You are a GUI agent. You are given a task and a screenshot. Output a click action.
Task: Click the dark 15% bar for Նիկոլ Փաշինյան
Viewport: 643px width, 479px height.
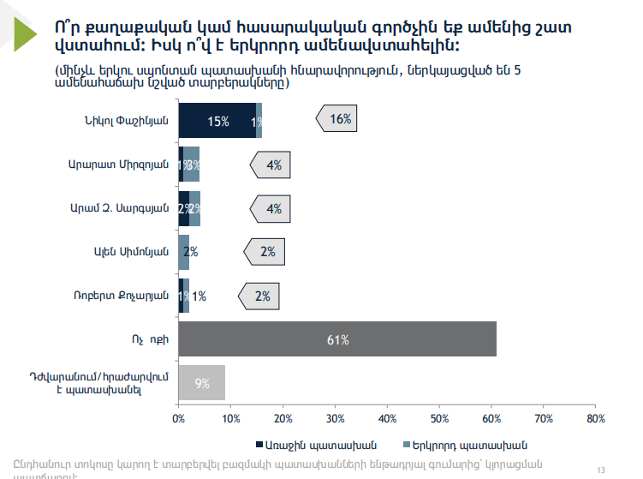click(217, 120)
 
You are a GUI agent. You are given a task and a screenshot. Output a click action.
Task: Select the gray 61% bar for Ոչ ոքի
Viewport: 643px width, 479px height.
click(337, 339)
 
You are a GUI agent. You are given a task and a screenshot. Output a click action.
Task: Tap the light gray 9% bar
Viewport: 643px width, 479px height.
click(202, 383)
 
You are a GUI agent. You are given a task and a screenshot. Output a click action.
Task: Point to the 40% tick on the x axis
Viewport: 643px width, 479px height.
click(387, 418)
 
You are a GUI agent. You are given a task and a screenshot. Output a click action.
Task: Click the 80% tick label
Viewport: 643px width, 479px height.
click(595, 418)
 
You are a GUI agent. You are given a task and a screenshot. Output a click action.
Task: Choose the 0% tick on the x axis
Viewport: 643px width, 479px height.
click(179, 418)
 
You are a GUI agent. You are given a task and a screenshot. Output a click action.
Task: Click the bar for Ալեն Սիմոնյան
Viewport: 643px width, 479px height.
click(184, 252)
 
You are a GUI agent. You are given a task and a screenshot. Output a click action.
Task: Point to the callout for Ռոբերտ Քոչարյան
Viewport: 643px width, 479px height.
click(260, 296)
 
